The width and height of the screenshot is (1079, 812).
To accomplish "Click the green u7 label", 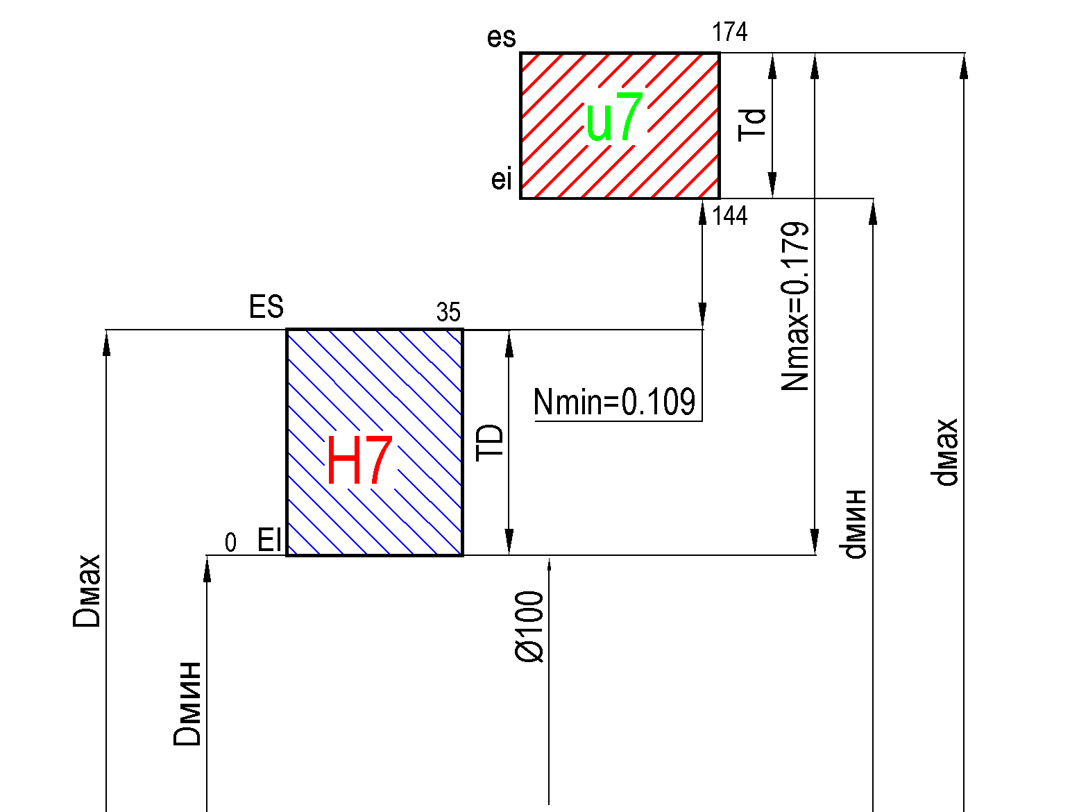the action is [x=614, y=117].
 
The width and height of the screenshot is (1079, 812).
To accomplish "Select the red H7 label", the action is [x=359, y=459].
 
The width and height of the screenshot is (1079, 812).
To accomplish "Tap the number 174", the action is [x=729, y=32].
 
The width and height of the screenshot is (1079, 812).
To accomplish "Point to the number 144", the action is [x=730, y=216].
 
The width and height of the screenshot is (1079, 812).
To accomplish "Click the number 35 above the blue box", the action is [x=448, y=312].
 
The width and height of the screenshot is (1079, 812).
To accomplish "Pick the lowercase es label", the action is [x=502, y=37].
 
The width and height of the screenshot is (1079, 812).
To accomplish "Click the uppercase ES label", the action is [x=266, y=306].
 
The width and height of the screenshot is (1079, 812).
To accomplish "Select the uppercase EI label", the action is [x=269, y=540].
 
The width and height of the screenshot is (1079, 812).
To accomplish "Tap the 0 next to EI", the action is [x=230, y=543].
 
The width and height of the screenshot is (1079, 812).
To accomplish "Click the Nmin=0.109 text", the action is [x=615, y=402].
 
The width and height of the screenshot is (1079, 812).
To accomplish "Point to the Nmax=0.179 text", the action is [x=795, y=306].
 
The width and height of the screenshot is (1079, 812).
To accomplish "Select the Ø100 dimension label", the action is [x=529, y=627].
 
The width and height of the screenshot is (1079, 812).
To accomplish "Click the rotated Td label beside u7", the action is [x=751, y=125].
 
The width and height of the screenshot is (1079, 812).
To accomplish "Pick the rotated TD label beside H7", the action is [x=490, y=442].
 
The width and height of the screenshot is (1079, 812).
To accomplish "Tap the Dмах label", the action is [x=86, y=591].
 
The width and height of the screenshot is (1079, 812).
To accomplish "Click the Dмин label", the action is [x=187, y=704].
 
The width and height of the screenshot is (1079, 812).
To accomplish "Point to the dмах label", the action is [x=944, y=452].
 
